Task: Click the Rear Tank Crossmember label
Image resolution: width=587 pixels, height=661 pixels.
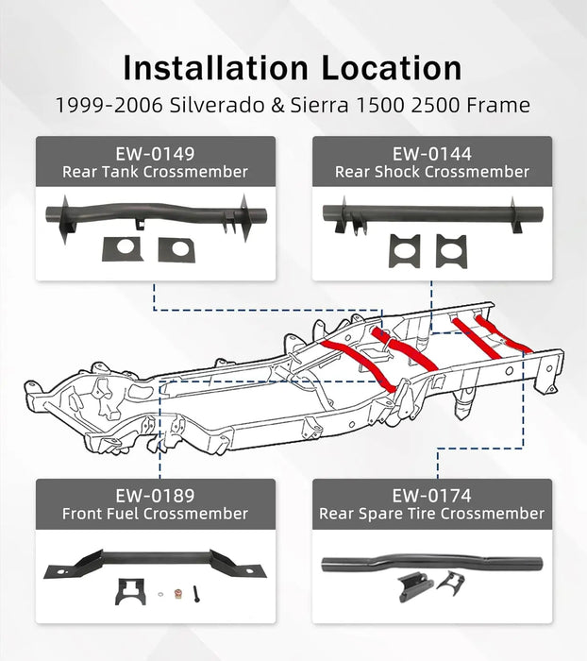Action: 155,172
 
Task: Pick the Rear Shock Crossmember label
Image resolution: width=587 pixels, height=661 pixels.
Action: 431,172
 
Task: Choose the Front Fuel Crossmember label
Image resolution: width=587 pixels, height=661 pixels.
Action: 155,514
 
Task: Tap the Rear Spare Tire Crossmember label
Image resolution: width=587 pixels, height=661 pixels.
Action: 431,514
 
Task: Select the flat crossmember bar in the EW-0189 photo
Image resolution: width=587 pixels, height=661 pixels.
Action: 155,563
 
